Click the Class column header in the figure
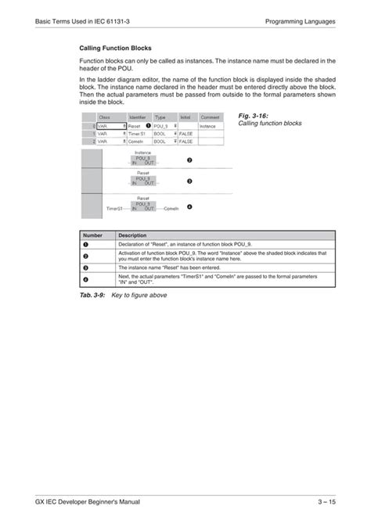click(x=104, y=117)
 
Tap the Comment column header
click(x=210, y=117)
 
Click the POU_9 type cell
click(x=160, y=125)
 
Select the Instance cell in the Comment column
click(x=207, y=125)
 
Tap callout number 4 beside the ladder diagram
click(x=189, y=207)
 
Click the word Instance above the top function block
click(x=143, y=153)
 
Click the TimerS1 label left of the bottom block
click(x=115, y=210)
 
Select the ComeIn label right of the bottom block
click(x=171, y=210)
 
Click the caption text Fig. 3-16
click(x=250, y=116)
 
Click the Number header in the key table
click(x=92, y=235)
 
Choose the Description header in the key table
click(x=133, y=235)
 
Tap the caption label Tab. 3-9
click(x=92, y=295)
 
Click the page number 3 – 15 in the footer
click(x=325, y=501)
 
